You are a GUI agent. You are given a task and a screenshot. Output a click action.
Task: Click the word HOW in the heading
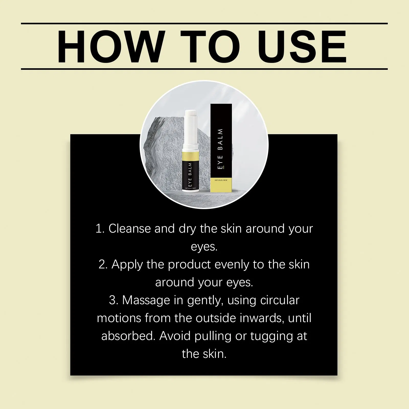[110, 47]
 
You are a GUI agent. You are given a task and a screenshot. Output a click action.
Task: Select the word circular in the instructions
[280, 300]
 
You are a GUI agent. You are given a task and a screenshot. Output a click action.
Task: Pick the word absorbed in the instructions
[128, 336]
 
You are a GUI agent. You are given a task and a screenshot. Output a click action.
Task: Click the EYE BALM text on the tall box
[221, 148]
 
